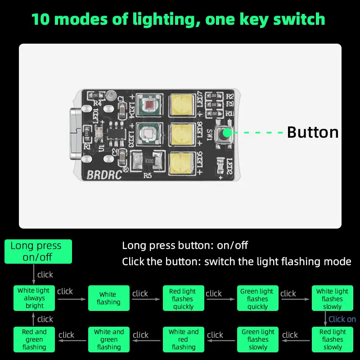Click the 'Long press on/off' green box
[x=36, y=252]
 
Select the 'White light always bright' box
[x=34, y=298]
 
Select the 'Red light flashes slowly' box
[x=332, y=339]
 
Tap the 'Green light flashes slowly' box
[x=257, y=339]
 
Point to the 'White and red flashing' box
[x=183, y=339]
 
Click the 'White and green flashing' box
[x=108, y=339]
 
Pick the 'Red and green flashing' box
[x=34, y=339]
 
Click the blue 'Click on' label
[x=342, y=319]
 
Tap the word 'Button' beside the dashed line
[x=312, y=132]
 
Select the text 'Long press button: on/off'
[x=185, y=246]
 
